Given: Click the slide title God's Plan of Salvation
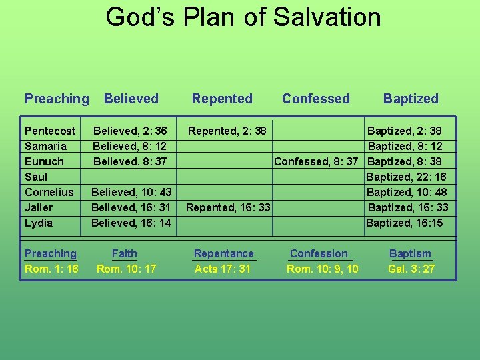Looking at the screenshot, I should point(243,17).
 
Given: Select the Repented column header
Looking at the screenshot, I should point(222,99).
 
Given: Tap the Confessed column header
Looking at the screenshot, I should point(315,99).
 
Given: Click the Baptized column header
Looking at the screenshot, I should point(411,99).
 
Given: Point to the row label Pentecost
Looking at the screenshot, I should point(50,131).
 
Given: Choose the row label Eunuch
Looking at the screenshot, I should point(44,161).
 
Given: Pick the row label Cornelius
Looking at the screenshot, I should point(49,192).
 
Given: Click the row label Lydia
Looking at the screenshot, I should point(38,223).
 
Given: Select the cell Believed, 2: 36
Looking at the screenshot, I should point(130,131).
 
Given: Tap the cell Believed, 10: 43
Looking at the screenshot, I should point(131,192).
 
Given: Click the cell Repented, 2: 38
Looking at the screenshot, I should point(227,131).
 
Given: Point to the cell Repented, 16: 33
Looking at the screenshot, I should point(228,207).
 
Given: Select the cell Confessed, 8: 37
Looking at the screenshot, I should point(317,161).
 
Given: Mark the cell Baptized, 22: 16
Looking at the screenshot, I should point(407,177).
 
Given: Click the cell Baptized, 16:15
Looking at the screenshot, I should point(405,223).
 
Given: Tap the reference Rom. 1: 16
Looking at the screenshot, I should point(51,269).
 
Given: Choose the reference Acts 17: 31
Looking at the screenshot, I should point(223,269).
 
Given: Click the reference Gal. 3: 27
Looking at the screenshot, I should point(411,269).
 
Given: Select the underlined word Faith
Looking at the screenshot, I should point(125,253).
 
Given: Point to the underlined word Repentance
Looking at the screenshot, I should point(224,253).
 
